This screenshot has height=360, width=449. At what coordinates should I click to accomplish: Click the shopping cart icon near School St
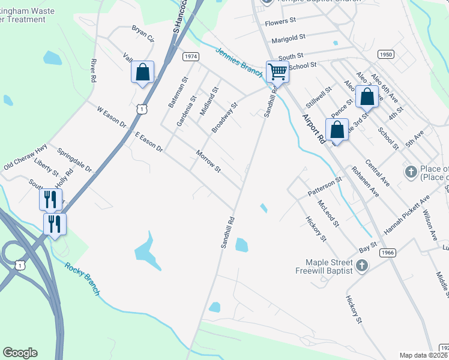(x=277, y=71)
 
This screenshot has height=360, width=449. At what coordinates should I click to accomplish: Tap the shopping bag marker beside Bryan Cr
(x=143, y=73)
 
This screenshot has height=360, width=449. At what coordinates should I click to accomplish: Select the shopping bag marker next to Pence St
(x=367, y=96)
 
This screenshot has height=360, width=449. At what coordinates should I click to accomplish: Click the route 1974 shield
(x=191, y=56)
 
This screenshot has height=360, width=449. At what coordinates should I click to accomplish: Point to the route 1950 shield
(x=386, y=55)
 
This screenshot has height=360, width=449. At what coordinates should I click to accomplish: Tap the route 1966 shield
(x=387, y=253)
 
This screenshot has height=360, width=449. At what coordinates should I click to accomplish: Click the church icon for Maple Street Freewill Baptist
(x=361, y=265)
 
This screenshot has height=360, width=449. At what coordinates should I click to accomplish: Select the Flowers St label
(x=281, y=21)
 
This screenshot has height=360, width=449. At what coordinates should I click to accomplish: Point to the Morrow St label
(x=209, y=160)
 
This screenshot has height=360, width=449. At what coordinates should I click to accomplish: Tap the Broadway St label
(x=225, y=118)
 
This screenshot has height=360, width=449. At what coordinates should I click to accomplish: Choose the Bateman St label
(x=178, y=92)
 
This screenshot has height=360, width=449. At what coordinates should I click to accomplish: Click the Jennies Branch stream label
(x=238, y=61)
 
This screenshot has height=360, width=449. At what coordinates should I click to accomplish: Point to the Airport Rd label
(x=313, y=128)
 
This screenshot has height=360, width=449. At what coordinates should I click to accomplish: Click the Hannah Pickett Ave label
(x=408, y=214)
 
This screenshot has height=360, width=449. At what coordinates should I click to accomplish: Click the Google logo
(x=20, y=353)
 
